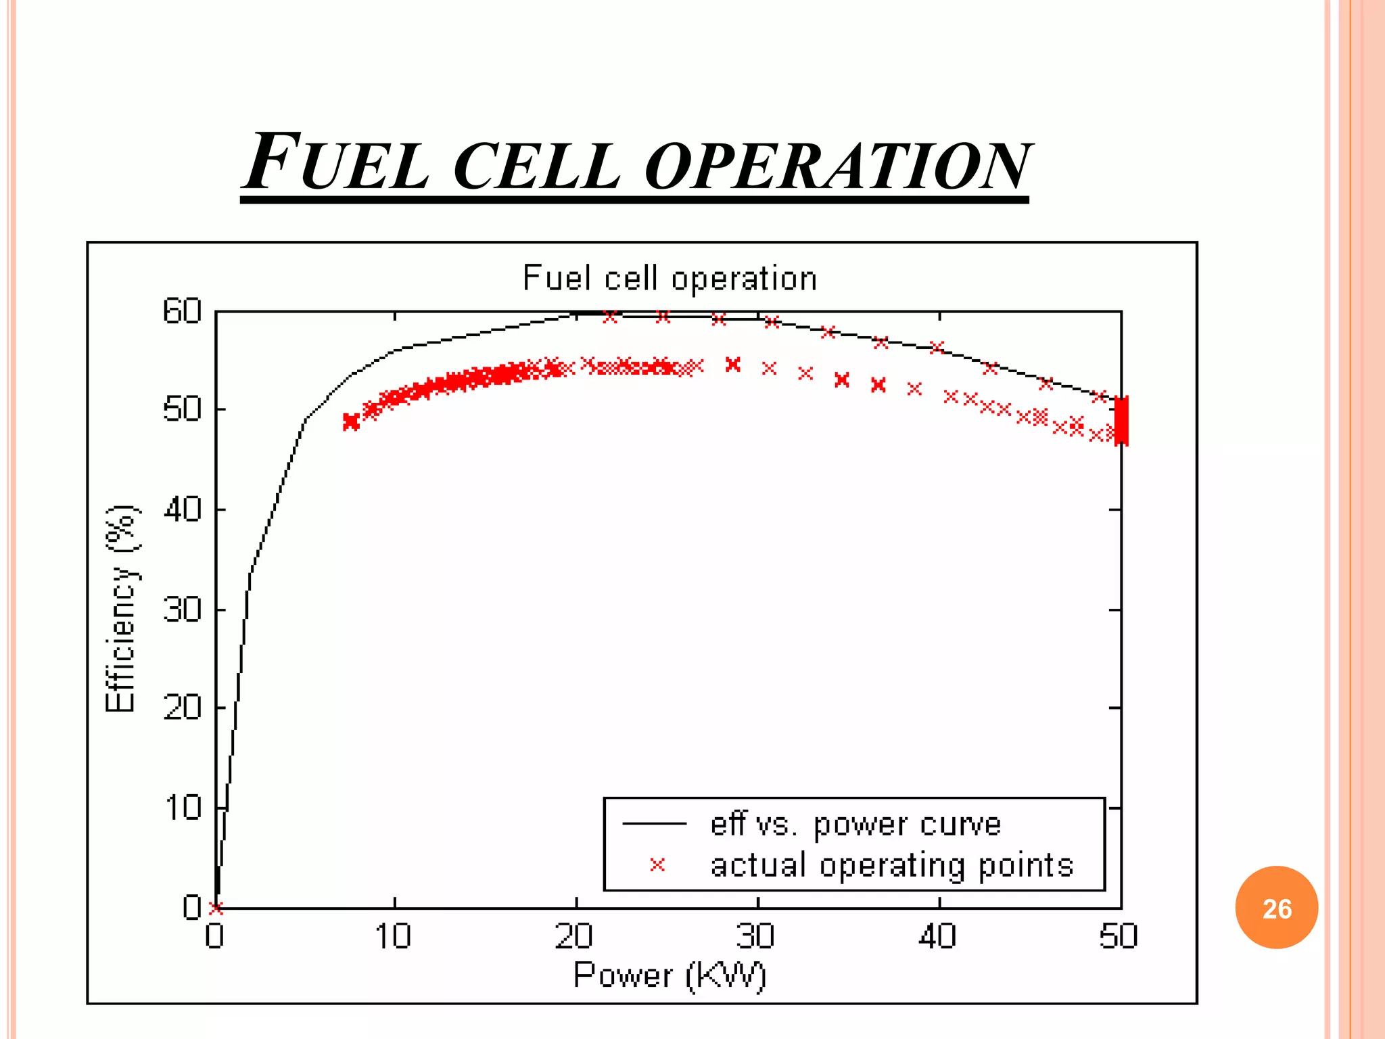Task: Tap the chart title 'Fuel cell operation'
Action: tap(670, 279)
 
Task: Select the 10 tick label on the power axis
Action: tap(394, 937)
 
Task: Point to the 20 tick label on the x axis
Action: tap(575, 937)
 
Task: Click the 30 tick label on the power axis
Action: tap(756, 937)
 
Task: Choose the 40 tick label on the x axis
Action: tap(938, 937)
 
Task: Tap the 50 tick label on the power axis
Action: tap(1119, 937)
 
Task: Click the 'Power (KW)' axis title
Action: tap(670, 975)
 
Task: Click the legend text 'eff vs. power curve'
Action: tap(855, 825)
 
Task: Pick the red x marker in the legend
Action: tap(657, 864)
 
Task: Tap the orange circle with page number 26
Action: tap(1276, 908)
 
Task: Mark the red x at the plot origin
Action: tap(216, 908)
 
